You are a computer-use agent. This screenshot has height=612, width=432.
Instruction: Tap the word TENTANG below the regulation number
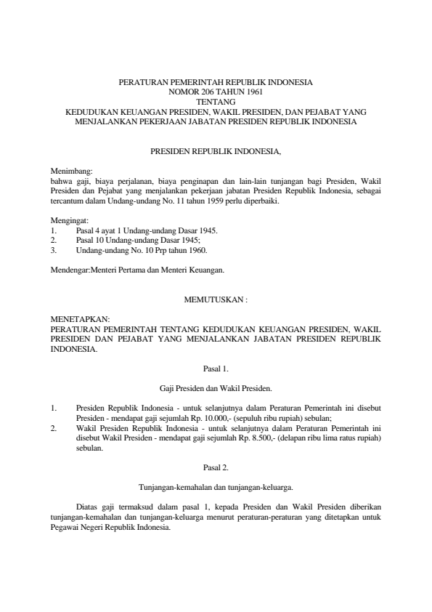tap(216, 102)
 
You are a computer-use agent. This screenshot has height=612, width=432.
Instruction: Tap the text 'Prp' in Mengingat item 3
tap(161, 249)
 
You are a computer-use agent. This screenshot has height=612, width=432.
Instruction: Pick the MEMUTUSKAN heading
tap(215, 299)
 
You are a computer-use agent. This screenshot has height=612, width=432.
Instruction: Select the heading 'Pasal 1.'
tap(216, 369)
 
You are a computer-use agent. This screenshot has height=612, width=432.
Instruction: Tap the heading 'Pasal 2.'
tap(216, 467)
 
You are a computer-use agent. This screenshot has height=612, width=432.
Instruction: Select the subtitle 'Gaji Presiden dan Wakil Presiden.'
tap(216, 388)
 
